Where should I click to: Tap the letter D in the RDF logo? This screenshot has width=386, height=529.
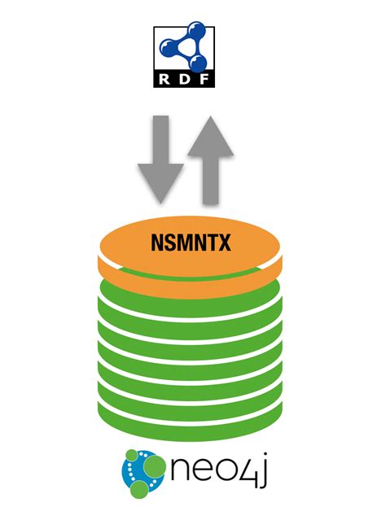[184, 79]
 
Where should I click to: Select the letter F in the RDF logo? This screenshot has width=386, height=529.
[201, 79]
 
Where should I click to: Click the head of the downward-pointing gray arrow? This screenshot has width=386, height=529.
[160, 184]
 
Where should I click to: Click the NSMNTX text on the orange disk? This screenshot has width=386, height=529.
[192, 242]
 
